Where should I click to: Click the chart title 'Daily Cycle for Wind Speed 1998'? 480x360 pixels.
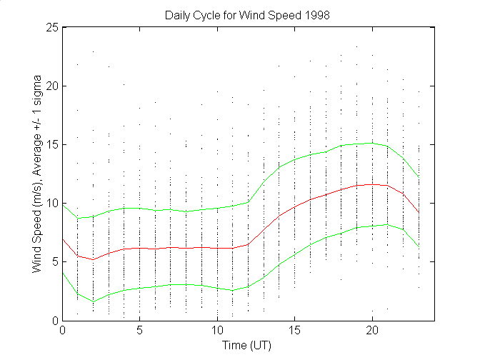pyautogui.click(x=248, y=14)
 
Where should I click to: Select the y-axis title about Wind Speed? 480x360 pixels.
pyautogui.click(x=36, y=173)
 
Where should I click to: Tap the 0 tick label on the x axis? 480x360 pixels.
pyautogui.click(x=63, y=331)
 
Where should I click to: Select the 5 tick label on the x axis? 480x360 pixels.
pyautogui.click(x=140, y=331)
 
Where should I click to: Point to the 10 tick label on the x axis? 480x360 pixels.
pyautogui.click(x=217, y=331)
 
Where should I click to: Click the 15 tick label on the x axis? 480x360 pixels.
pyautogui.click(x=294, y=331)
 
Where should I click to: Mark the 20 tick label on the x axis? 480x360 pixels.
pyautogui.click(x=371, y=331)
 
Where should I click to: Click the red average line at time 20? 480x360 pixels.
pyautogui.click(x=371, y=184)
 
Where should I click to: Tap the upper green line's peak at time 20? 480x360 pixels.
pyautogui.click(x=371, y=143)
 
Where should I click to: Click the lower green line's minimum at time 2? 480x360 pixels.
pyautogui.click(x=94, y=301)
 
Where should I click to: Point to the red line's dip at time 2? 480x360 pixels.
pyautogui.click(x=94, y=259)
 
